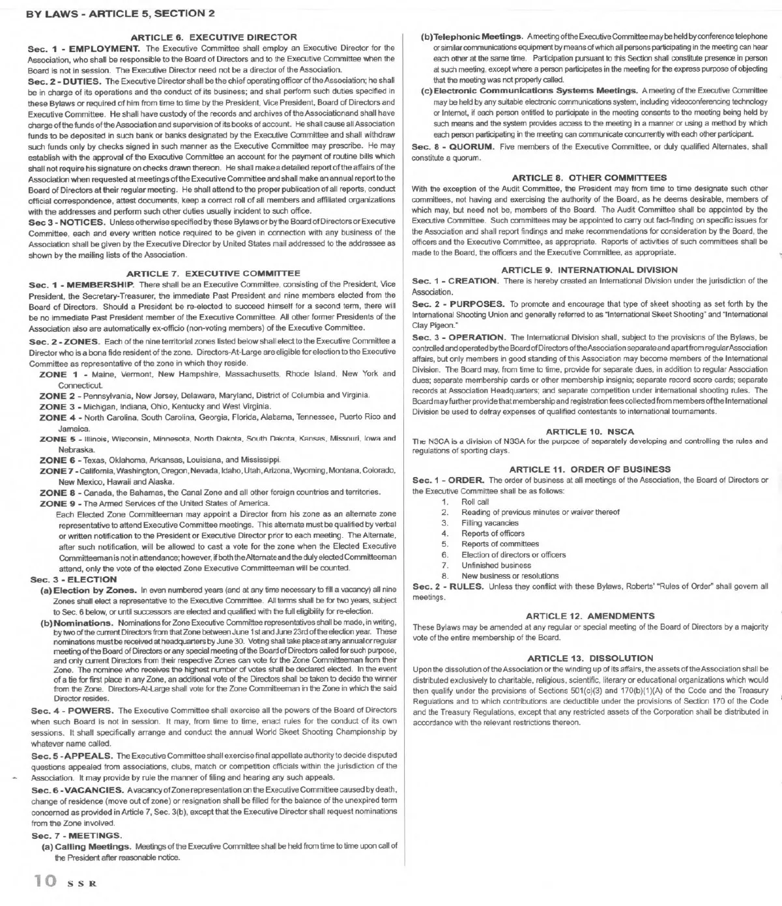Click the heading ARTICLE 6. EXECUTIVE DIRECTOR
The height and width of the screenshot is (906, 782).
coord(214,37)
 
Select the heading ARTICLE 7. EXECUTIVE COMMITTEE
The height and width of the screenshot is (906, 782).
coord(213,273)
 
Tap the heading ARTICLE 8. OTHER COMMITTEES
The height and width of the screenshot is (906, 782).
coord(589,177)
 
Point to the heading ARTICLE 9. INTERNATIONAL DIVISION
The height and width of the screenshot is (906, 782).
coord(589,269)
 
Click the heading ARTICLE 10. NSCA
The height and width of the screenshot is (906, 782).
coord(589,431)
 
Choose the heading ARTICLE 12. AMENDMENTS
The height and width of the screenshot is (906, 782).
coord(589,615)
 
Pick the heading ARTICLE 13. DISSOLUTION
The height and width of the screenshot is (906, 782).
coord(589,658)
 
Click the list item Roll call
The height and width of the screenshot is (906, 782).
coord(474,502)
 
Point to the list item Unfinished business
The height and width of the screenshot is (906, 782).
coord(496,565)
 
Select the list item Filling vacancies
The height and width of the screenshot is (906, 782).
coord(489,523)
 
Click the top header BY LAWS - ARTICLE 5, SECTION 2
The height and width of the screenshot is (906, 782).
coord(121,13)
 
